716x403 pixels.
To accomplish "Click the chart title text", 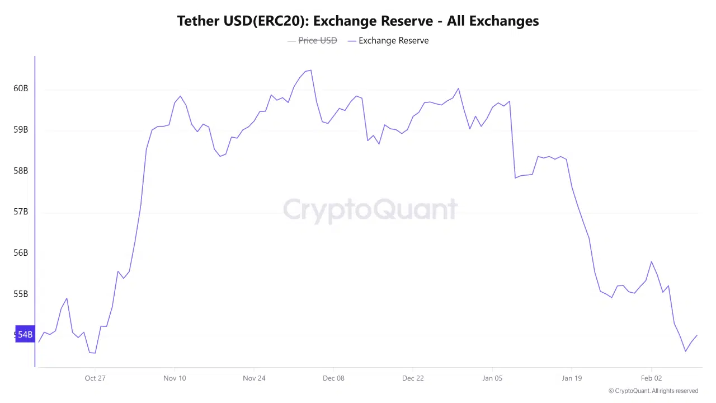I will (x=358, y=21).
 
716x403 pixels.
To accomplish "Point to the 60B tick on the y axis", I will (x=21, y=88).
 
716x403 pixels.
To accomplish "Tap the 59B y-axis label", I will (x=21, y=130).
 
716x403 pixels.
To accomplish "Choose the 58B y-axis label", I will (x=21, y=171).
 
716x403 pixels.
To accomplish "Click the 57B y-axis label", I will (x=21, y=212).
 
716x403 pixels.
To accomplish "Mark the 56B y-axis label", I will (x=21, y=253).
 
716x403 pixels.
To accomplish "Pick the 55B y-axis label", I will (x=21, y=294).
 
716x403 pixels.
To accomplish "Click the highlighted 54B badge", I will (x=25, y=335).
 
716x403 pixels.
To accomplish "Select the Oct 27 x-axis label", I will (x=95, y=378).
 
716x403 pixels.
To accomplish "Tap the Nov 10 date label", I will (x=175, y=378).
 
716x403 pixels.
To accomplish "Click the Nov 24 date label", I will (x=254, y=378).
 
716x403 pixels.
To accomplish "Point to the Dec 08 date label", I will (x=333, y=378).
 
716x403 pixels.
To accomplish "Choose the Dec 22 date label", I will (x=413, y=378).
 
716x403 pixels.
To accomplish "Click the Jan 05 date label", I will (x=492, y=378).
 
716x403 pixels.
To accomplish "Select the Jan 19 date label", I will (x=572, y=378).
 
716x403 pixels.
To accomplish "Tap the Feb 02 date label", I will (x=651, y=378).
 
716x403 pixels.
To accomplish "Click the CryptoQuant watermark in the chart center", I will (x=370, y=210).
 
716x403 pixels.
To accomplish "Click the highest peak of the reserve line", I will (x=310, y=71).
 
